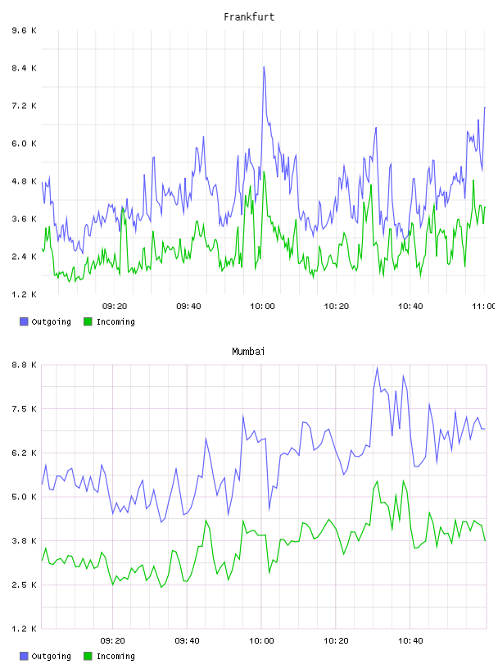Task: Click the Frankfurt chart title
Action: (x=249, y=17)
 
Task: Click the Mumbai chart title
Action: (x=248, y=352)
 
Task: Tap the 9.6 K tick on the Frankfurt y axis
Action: (x=25, y=30)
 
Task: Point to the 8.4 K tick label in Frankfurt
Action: (x=25, y=68)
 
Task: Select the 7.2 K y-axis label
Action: (x=25, y=106)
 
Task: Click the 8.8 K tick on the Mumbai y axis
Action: (x=25, y=365)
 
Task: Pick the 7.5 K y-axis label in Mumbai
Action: (x=25, y=409)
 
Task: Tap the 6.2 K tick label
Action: (x=25, y=453)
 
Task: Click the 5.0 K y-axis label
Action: (x=25, y=497)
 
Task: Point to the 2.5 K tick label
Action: (x=25, y=585)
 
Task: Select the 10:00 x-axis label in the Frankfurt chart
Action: (x=262, y=307)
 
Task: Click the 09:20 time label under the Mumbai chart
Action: (x=112, y=641)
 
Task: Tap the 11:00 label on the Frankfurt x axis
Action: (x=483, y=307)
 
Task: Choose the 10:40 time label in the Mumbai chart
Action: (x=410, y=641)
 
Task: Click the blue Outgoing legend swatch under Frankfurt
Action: (x=24, y=321)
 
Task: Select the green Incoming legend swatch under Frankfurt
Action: (x=88, y=321)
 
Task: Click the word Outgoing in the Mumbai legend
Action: (x=51, y=656)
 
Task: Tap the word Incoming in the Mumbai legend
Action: (x=115, y=656)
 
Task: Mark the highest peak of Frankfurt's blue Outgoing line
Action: (x=264, y=67)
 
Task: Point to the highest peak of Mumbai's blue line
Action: (x=377, y=367)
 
